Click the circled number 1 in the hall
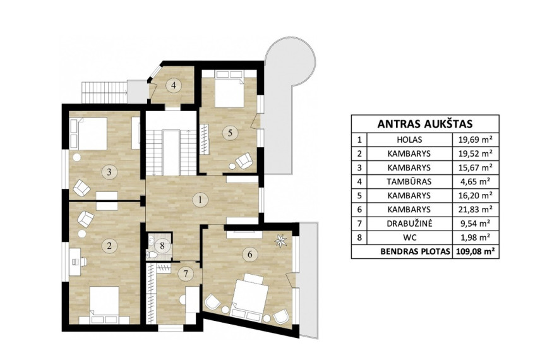tap(200, 200)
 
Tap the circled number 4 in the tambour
tap(174, 85)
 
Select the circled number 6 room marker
tap(250, 255)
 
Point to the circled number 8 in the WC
tap(162, 246)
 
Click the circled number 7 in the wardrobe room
tap(186, 274)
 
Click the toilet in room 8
tap(151, 255)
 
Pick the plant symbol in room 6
tap(280, 241)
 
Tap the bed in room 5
tap(229, 89)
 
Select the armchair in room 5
tap(244, 160)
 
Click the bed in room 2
tap(104, 305)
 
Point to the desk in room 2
tap(75, 262)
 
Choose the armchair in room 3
tap(82, 188)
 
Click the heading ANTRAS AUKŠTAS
tap(424, 124)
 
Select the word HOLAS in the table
tap(409, 140)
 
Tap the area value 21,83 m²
tap(474, 209)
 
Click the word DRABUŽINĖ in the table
tap(409, 224)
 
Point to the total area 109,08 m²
tap(476, 251)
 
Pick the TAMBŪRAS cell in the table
tap(409, 181)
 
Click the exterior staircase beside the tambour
tap(105, 92)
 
